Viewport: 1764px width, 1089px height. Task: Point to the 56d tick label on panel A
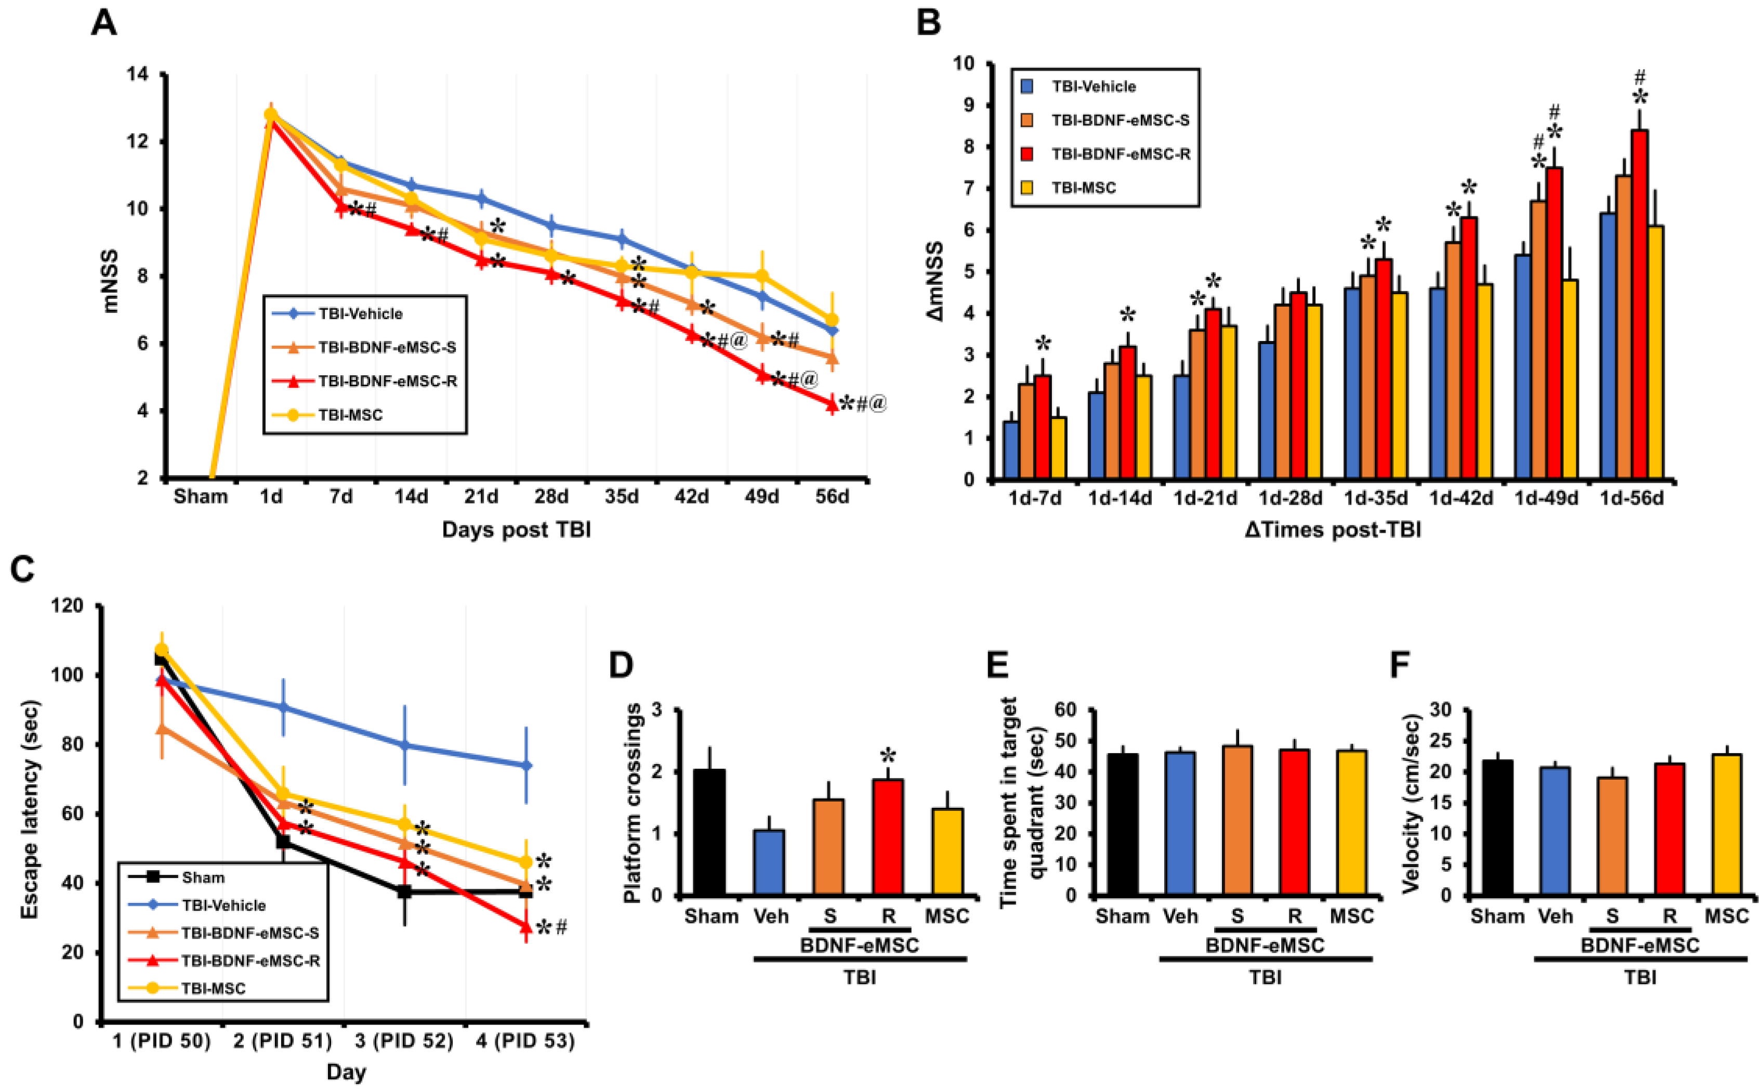(832, 497)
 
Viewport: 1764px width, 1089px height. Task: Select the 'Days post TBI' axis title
(516, 530)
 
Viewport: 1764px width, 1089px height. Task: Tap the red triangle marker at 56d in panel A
(832, 405)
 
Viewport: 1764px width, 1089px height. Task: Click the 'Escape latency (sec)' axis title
(30, 810)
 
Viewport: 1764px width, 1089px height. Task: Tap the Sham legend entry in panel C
(202, 877)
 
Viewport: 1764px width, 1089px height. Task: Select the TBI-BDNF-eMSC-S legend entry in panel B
(1120, 120)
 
